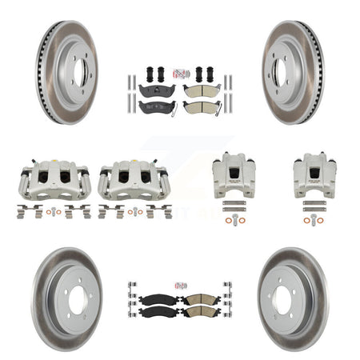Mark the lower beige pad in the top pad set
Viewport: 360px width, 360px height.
197,107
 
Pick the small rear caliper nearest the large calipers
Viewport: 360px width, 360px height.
233,176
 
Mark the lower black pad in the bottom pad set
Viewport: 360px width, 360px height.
161,311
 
